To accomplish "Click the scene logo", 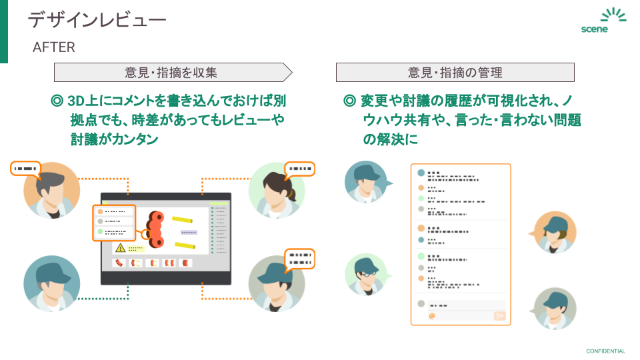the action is click(x=603, y=21).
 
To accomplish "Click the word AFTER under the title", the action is click(x=54, y=47).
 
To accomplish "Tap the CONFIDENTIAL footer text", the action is click(x=605, y=351).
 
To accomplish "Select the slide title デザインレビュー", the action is click(x=97, y=19).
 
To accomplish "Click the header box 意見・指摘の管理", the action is click(x=455, y=73).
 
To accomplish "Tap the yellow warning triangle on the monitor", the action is click(x=120, y=248).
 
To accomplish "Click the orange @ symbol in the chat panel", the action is click(x=432, y=315).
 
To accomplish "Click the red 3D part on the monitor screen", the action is click(x=155, y=229).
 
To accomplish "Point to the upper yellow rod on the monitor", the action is click(x=182, y=220).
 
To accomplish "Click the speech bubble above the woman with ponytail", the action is click(x=299, y=169).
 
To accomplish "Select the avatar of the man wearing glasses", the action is click(x=366, y=274).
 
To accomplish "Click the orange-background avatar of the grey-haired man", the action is click(x=51, y=190).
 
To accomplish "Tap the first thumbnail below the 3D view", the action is click(x=119, y=263).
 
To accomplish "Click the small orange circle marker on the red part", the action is click(x=145, y=234).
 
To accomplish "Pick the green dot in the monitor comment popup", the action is click(x=101, y=231).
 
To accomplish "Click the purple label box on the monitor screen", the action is click(x=189, y=232).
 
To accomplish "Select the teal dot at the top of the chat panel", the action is click(x=421, y=173).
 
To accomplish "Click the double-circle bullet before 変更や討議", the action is click(x=349, y=101).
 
